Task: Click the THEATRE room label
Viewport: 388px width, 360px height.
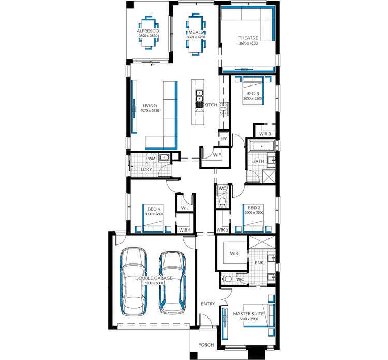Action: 248,38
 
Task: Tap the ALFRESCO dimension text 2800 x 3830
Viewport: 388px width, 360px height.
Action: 148,36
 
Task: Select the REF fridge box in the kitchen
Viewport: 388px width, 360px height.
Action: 223,139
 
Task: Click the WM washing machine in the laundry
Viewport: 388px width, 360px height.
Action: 152,159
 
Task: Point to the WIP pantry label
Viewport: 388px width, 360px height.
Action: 217,155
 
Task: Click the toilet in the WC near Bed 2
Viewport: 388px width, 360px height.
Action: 222,201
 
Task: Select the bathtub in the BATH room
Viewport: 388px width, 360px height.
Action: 262,146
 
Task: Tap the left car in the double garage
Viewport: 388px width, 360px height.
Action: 133,281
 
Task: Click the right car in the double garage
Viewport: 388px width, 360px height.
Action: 172,282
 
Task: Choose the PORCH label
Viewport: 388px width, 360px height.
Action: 206,344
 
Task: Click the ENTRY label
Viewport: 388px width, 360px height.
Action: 208,304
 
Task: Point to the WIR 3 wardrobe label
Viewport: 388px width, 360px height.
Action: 265,134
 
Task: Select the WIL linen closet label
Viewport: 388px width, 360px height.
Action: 185,208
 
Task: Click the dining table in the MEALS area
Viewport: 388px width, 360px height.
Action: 196,34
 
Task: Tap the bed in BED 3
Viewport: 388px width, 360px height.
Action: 252,91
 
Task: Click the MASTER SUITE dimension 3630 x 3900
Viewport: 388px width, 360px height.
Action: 248,319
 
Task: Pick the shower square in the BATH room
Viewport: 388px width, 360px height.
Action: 268,177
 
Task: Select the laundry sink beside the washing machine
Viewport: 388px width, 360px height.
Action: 164,157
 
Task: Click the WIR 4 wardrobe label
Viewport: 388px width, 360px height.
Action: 185,230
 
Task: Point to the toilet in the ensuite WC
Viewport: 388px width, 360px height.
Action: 227,279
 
